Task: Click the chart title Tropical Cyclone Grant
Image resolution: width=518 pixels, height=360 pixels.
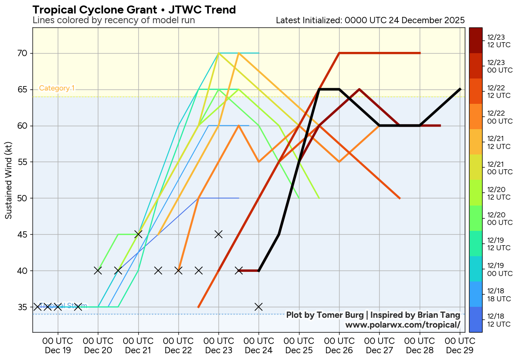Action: pos(134,9)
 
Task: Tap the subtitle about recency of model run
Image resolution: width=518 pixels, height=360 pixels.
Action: pos(113,20)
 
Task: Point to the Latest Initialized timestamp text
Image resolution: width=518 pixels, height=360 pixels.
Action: pos(370,20)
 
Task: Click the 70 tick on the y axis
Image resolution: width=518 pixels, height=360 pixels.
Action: pos(22,53)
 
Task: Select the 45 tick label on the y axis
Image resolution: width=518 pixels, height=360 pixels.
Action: pos(22,234)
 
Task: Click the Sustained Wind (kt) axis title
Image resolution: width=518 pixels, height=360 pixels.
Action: pos(8,180)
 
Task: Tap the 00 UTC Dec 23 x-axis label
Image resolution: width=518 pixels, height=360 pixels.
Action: pos(219,346)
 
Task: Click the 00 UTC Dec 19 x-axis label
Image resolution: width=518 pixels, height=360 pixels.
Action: pos(58,346)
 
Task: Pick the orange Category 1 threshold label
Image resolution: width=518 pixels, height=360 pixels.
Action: pos(57,88)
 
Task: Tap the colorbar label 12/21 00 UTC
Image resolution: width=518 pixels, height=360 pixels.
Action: pos(499,168)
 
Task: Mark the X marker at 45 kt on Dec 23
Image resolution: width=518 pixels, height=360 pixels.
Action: pos(219,234)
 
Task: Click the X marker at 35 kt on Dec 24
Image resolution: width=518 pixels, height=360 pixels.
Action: pos(259,307)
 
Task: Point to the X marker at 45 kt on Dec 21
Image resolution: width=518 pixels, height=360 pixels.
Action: pos(138,234)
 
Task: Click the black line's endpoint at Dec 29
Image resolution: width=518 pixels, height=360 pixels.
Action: pos(460,89)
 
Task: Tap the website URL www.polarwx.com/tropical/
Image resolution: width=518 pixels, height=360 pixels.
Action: pos(402,325)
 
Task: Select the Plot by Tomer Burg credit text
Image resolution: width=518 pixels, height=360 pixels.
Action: pos(373,315)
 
